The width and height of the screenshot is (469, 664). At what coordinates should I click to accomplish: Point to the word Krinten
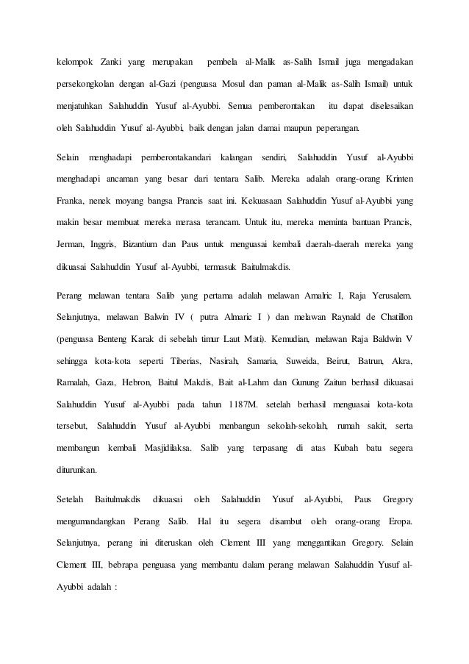395,178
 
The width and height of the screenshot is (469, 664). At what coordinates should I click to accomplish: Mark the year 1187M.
243,404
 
